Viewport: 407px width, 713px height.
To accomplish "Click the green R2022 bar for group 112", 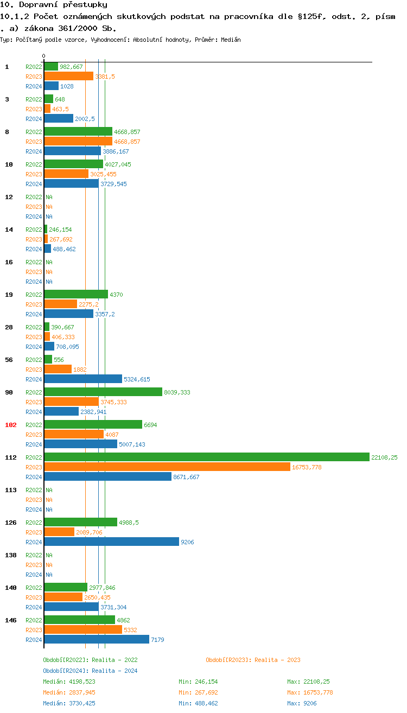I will [206, 457].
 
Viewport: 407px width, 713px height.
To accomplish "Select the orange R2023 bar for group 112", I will [167, 467].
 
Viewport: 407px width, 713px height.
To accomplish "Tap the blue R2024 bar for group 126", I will [111, 542].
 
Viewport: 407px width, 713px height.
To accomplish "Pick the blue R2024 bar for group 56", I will [83, 379].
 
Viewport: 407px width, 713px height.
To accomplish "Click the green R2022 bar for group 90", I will [103, 392].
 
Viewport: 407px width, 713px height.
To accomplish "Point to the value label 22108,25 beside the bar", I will [384, 457].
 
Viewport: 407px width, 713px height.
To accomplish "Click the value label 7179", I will [157, 640].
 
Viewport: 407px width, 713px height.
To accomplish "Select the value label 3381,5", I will [105, 77].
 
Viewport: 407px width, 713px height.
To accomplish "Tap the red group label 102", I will [11, 425].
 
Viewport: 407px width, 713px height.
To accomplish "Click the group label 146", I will [11, 620].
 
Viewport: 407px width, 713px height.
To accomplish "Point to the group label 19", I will [9, 295].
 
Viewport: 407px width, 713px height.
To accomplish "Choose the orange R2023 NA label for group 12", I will [49, 207].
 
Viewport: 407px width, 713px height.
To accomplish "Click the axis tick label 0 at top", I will [44, 56].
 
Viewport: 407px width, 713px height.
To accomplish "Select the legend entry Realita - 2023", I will [253, 660].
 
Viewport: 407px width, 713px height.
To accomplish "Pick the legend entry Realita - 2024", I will [90, 671].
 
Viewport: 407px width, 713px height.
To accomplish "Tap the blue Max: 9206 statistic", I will [302, 703].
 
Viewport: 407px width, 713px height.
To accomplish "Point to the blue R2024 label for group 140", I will [34, 607].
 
